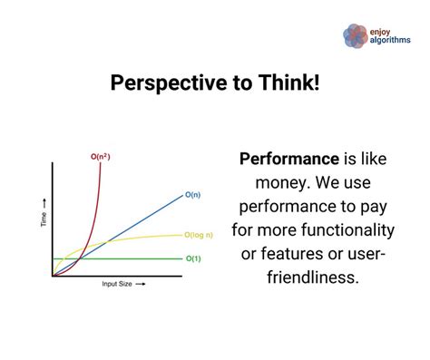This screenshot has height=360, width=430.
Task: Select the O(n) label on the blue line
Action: click(x=192, y=194)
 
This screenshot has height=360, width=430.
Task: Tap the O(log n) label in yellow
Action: click(x=200, y=235)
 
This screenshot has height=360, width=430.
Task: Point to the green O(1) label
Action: click(x=193, y=259)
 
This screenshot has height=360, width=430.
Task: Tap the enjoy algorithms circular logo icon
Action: click(x=354, y=34)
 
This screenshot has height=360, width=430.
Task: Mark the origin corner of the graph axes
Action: click(x=53, y=276)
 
